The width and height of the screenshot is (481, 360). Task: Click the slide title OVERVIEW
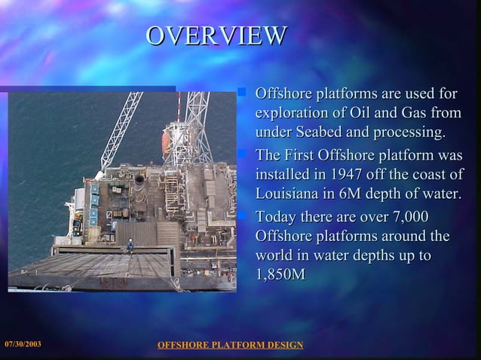(x=216, y=35)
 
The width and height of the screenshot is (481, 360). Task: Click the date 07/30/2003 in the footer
(x=23, y=344)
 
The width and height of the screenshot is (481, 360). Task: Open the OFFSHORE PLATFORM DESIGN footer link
(x=230, y=345)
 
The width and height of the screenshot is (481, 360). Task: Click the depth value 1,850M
(x=280, y=275)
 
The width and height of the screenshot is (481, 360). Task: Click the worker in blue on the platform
(x=130, y=245)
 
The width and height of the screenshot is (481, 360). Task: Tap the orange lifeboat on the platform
(x=166, y=142)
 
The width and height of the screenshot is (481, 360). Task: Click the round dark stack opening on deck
(x=139, y=179)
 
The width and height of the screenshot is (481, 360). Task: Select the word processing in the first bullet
(x=413, y=133)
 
